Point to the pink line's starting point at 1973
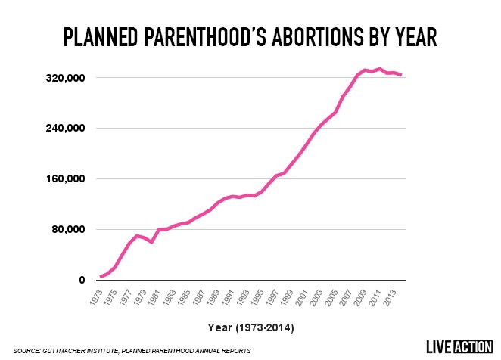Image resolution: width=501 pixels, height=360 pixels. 101,277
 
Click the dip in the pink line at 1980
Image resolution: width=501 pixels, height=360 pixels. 151,242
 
